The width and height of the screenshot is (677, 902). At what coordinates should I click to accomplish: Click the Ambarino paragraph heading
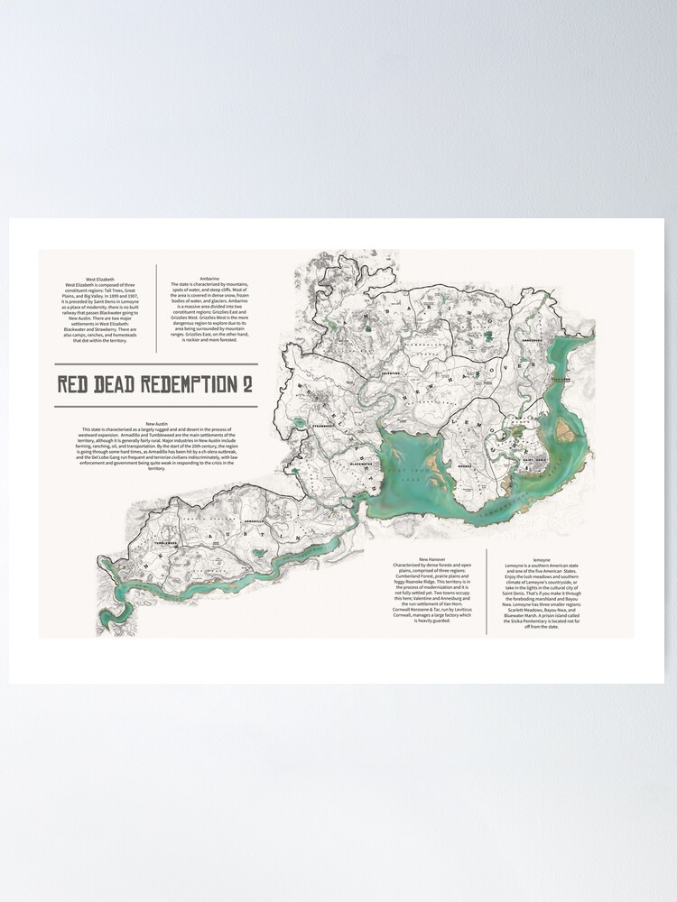pyautogui.click(x=209, y=267)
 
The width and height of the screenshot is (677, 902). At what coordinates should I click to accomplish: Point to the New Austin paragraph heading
pyautogui.click(x=156, y=423)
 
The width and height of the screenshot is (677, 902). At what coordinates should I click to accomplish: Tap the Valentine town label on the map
pyautogui.click(x=390, y=372)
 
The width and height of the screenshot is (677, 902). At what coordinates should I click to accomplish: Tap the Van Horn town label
pyautogui.click(x=563, y=380)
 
